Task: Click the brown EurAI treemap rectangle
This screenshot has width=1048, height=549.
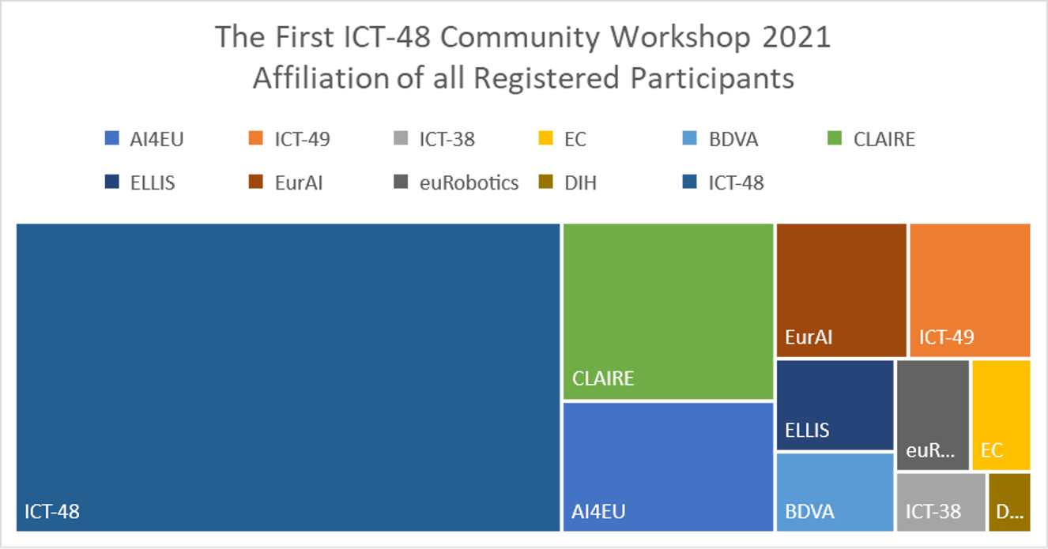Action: tap(841, 291)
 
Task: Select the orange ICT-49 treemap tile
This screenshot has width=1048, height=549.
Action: tap(970, 291)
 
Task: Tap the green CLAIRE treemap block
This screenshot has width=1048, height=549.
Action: tap(668, 312)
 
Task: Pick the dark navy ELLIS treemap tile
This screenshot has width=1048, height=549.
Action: tap(835, 405)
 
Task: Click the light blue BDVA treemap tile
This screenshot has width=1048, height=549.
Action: tap(835, 492)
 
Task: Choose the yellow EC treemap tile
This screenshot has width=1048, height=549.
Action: tap(1001, 415)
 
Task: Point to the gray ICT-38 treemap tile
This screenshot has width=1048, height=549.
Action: tap(941, 502)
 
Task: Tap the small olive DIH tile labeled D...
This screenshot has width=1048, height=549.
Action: tap(1009, 502)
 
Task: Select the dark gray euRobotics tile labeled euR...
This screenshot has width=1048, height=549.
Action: tap(933, 415)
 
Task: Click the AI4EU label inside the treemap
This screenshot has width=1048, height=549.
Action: tap(598, 512)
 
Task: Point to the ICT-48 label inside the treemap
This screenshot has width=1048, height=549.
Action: tap(52, 512)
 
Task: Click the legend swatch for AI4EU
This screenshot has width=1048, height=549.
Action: tap(111, 138)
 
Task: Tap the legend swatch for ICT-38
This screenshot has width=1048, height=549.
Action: tap(401, 138)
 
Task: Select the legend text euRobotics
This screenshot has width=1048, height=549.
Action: tap(469, 182)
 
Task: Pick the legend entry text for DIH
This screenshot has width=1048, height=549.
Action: tap(580, 182)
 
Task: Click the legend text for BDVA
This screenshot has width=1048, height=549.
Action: tap(733, 139)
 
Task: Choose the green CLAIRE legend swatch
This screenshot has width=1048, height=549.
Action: tap(835, 138)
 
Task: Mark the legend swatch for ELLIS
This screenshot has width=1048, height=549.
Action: tap(111, 182)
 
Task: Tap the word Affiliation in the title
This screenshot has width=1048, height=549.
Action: tap(321, 77)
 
